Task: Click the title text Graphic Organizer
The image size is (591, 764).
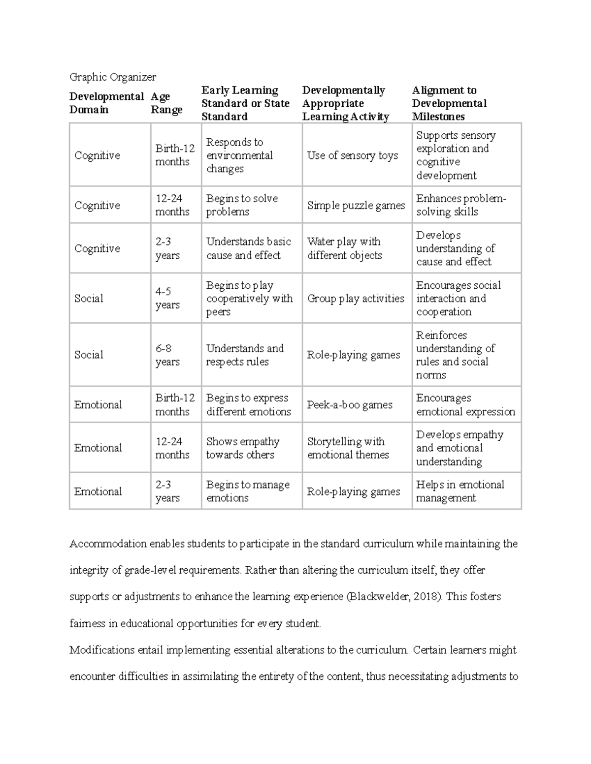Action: click(x=113, y=77)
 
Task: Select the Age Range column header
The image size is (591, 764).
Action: click(x=166, y=103)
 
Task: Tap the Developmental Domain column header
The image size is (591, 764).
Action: click(x=106, y=103)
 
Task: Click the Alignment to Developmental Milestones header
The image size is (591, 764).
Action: click(x=449, y=103)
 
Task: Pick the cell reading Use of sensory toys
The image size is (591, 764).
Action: click(x=353, y=155)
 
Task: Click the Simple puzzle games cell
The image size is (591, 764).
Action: click(x=356, y=206)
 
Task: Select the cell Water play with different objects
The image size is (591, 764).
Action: click(x=344, y=248)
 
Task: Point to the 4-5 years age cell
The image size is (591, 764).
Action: click(x=167, y=298)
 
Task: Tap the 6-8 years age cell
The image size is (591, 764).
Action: click(x=167, y=355)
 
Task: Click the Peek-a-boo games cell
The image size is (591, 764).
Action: click(x=350, y=405)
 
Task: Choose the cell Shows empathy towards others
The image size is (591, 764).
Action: click(x=243, y=448)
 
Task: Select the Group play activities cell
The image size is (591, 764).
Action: click(x=356, y=299)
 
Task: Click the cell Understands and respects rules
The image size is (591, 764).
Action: click(x=245, y=355)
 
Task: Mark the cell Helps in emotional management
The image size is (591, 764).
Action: click(x=460, y=491)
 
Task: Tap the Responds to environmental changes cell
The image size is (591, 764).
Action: click(x=239, y=155)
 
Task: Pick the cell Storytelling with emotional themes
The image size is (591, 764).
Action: click(x=348, y=448)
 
